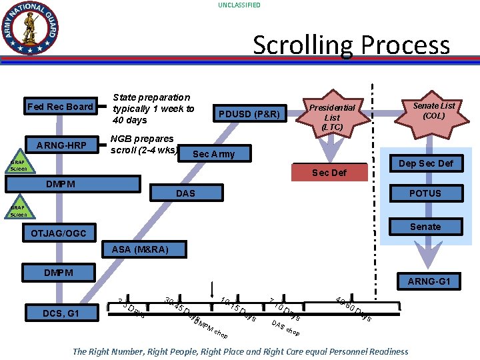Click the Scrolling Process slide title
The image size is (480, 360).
tap(351, 45)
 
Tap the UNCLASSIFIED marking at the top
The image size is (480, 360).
tap(239, 5)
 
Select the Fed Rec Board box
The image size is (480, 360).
tap(60, 107)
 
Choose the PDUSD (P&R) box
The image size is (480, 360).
tap(249, 114)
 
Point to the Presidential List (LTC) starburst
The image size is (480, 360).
tap(332, 117)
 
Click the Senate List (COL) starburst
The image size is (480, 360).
tap(433, 111)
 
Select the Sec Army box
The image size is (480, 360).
tap(213, 154)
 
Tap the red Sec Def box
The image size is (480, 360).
tap(329, 173)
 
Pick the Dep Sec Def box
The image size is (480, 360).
tap(425, 163)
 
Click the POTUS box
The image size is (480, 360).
tap(425, 193)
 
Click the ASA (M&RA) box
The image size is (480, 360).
tap(140, 249)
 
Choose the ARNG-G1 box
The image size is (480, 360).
tap(429, 281)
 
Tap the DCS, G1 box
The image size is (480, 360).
tap(60, 313)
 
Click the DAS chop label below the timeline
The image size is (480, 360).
tap(285, 327)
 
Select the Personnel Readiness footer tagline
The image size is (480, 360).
tap(240, 351)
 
